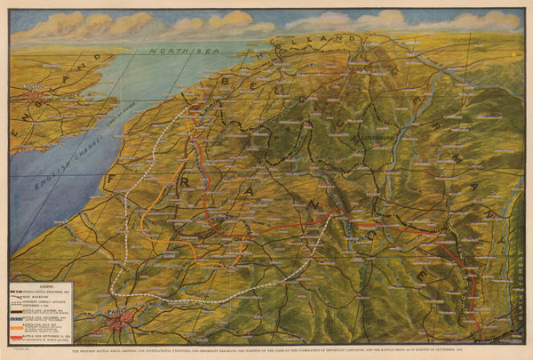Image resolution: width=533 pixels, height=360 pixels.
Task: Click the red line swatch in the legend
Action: tap(20, 334)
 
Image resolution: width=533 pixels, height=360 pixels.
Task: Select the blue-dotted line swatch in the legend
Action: tap(20, 314)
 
